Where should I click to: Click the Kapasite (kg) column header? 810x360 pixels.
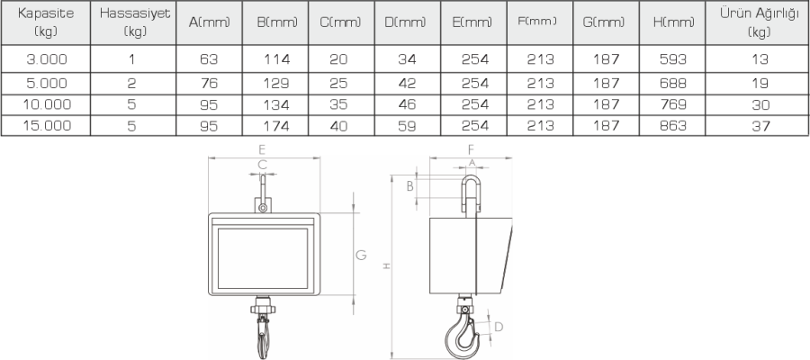click(x=46, y=22)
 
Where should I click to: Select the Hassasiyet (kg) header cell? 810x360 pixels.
click(x=135, y=22)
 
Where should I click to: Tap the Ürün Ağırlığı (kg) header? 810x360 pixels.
click(x=760, y=22)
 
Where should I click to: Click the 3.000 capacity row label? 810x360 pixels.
click(x=47, y=59)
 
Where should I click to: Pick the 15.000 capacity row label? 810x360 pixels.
click(x=47, y=125)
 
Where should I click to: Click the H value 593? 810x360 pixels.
click(x=673, y=59)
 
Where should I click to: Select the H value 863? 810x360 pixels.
click(x=673, y=125)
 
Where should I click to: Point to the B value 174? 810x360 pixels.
click(x=276, y=125)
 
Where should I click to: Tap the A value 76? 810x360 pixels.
click(x=209, y=83)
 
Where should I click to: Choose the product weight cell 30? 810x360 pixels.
click(x=760, y=104)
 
